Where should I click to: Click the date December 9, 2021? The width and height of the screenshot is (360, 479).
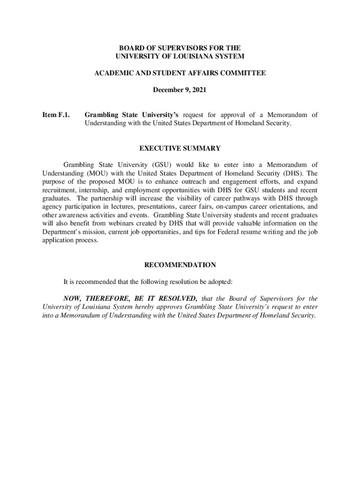pos(180,89)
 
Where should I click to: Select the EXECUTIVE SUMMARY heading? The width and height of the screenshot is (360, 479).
pos(180,148)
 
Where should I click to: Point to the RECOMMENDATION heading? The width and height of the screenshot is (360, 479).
pos(180,265)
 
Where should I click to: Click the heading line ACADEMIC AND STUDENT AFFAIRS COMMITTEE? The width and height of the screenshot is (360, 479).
pos(180,73)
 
